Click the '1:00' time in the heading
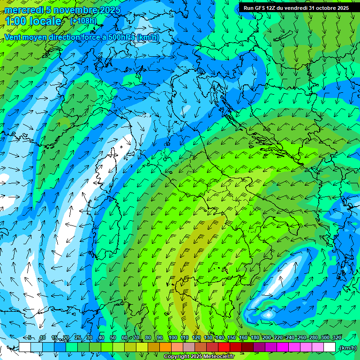point(15,21)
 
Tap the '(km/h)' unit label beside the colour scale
point(347,348)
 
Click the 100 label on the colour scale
point(172,337)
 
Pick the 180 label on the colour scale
point(255,337)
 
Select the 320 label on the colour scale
point(337,337)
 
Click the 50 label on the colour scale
point(112,337)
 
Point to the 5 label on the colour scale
point(30,337)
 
